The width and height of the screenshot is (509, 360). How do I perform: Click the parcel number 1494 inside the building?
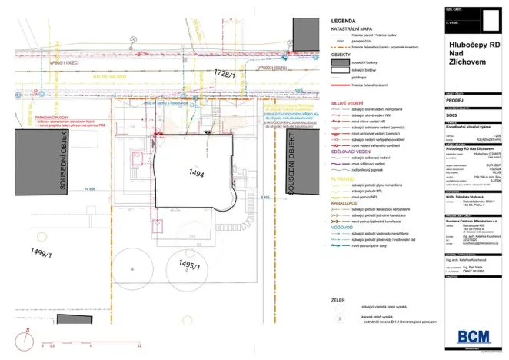click(x=195, y=175)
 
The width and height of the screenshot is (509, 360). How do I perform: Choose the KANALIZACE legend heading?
click(x=343, y=203)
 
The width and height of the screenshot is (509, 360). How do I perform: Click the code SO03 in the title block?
click(x=452, y=114)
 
